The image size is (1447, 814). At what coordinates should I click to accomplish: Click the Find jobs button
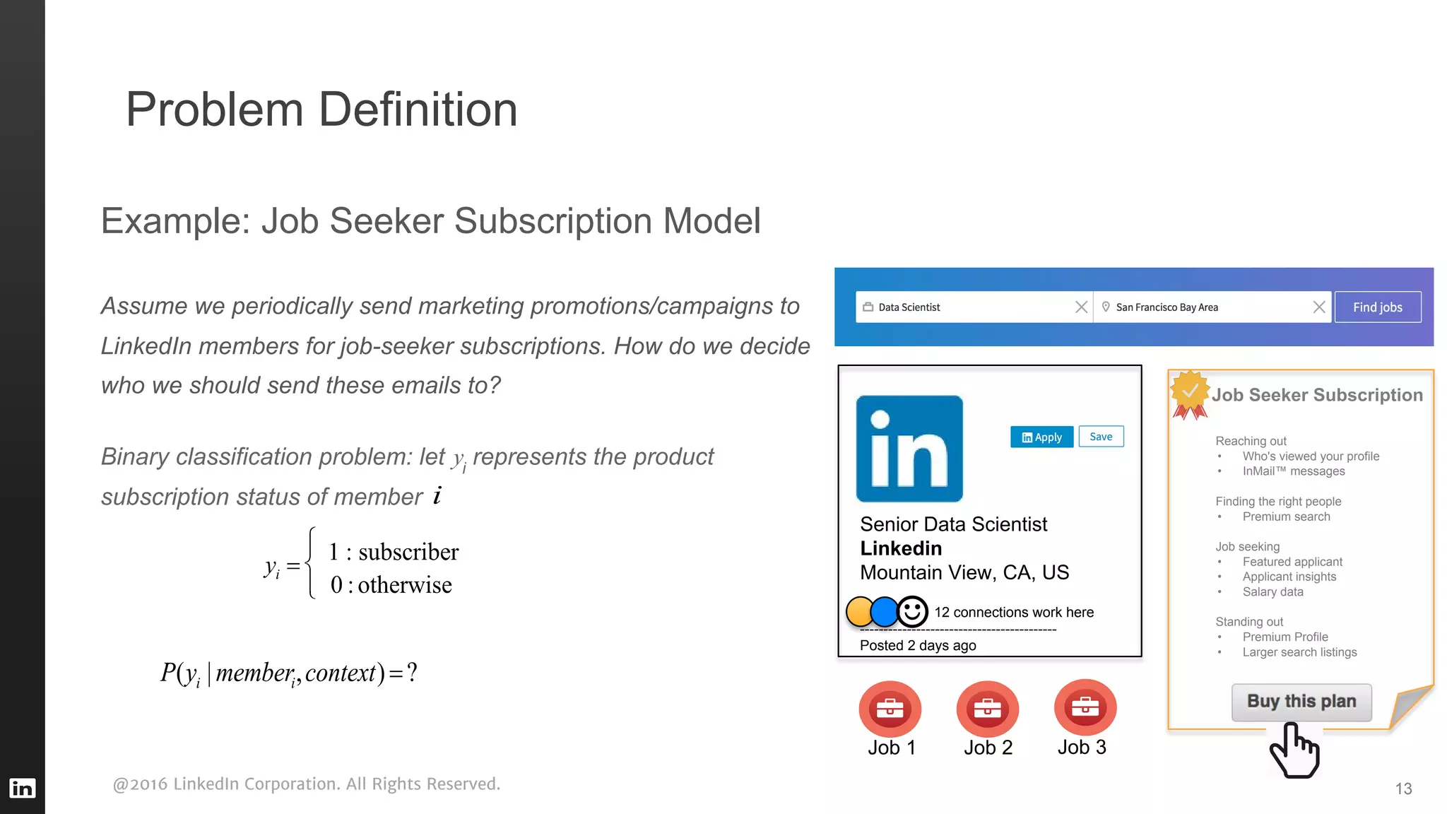coord(1377,307)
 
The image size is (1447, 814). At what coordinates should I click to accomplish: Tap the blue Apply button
coord(1041,437)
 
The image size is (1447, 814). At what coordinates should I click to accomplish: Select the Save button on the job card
coord(1101,437)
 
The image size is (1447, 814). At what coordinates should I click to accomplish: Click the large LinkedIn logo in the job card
coord(909,449)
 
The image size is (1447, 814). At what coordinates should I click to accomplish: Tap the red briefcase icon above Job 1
coord(890,709)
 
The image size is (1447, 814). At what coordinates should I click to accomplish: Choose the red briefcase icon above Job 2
coord(987,709)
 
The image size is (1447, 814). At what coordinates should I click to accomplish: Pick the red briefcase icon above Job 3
coord(1085,707)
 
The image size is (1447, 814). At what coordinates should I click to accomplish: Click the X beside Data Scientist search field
coord(1081,307)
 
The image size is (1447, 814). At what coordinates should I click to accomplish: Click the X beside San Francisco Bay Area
coord(1318,307)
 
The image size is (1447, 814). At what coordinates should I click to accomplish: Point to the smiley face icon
coord(912,611)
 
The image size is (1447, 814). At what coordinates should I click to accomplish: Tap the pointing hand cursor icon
coord(1294,750)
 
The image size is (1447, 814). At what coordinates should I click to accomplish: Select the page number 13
coord(1403,789)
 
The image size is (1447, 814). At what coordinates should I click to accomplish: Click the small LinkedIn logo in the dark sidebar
coord(22,788)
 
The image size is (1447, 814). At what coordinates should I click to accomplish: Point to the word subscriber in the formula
coord(408,552)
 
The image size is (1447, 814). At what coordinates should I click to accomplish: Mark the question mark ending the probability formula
coord(412,672)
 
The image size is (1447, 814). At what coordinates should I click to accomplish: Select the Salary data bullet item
coord(1272,592)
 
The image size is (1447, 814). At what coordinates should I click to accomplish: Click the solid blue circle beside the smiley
coord(884,612)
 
